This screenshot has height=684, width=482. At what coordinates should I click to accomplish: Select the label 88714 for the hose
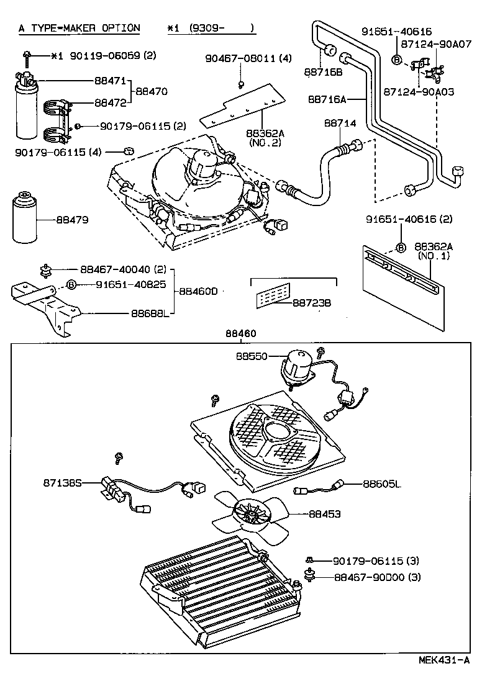click(x=340, y=124)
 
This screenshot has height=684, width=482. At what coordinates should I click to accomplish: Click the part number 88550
click(x=251, y=356)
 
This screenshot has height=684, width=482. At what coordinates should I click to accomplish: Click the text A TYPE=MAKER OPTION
click(x=79, y=28)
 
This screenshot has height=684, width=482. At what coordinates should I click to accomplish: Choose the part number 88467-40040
click(x=115, y=269)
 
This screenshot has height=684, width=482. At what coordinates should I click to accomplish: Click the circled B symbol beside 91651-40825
click(x=71, y=284)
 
